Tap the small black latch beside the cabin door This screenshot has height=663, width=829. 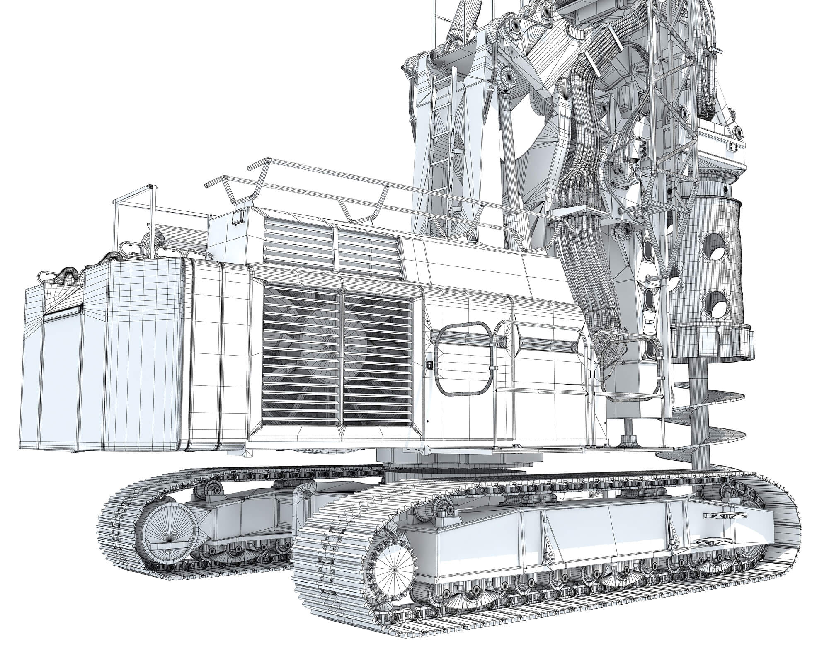(430, 365)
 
